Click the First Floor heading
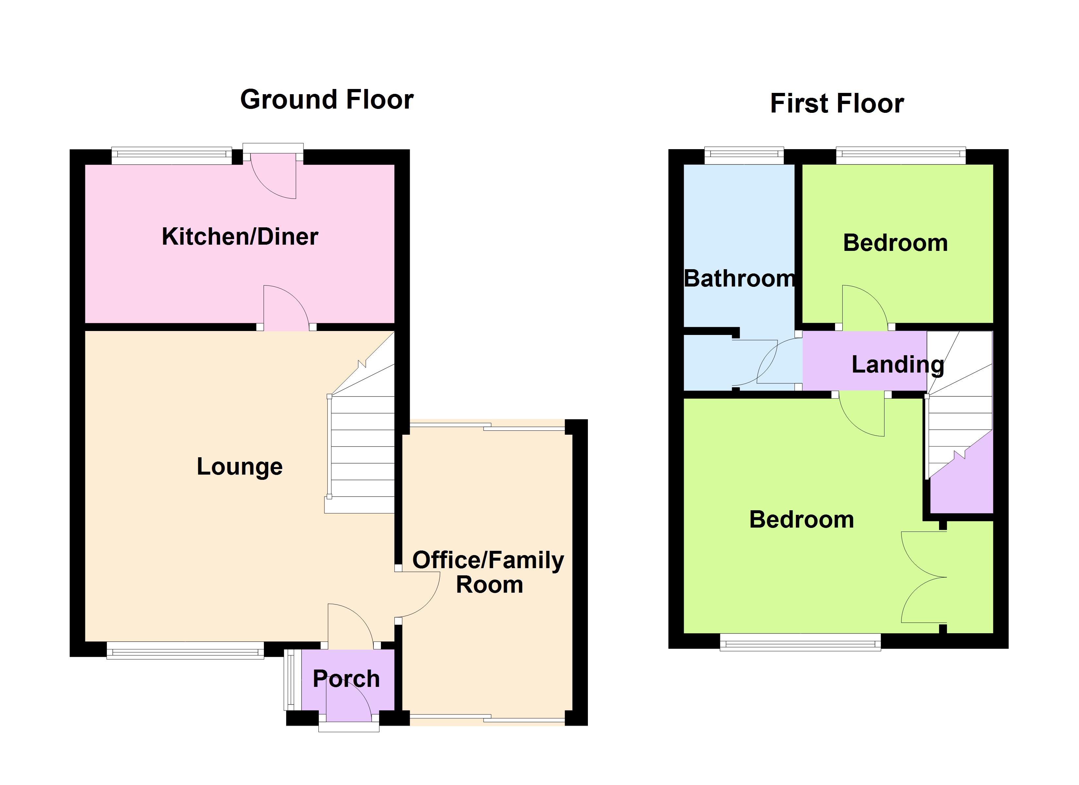[x=837, y=103]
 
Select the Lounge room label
[x=240, y=466]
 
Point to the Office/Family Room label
[x=488, y=572]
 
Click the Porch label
[x=346, y=679]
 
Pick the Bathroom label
[x=739, y=278]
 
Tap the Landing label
[x=898, y=365]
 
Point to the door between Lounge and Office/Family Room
[x=418, y=595]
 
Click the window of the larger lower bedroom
[x=800, y=642]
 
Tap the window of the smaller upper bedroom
[x=900, y=156]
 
